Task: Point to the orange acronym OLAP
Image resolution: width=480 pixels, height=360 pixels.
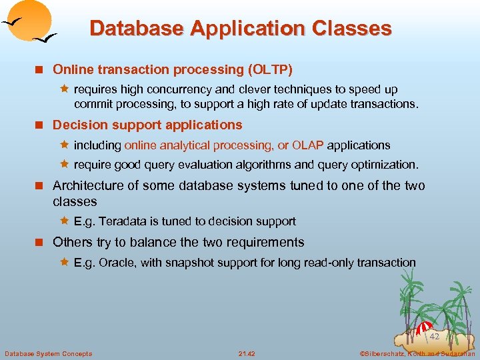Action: click(x=309, y=145)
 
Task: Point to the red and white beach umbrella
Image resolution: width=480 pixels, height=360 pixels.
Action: click(x=424, y=327)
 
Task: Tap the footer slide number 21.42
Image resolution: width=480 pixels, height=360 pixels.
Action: click(x=246, y=353)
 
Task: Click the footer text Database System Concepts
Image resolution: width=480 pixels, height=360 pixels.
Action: click(x=48, y=353)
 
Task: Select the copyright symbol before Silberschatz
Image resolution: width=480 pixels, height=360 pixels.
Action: click(x=363, y=353)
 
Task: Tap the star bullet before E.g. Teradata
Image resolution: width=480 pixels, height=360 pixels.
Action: click(x=65, y=221)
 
